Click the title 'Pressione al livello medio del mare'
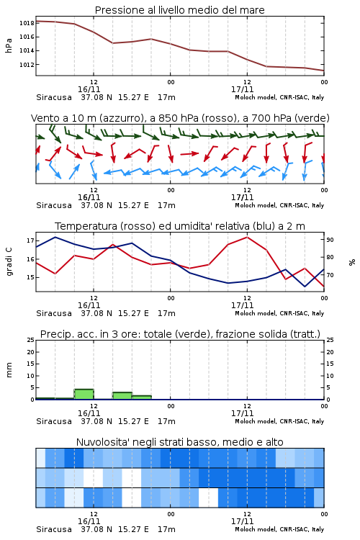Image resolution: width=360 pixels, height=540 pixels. [x=179, y=10]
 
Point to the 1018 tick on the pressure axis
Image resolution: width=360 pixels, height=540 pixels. [x=27, y=24]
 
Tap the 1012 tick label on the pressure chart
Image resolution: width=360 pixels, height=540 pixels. [x=27, y=65]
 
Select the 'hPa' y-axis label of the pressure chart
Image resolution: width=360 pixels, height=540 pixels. [x=9, y=45]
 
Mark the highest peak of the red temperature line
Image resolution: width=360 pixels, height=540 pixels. [x=247, y=237]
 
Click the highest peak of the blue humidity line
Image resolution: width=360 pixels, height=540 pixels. [x=55, y=237]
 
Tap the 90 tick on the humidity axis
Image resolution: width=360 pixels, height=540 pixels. [x=330, y=240]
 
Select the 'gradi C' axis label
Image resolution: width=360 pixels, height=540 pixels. [x=9, y=261]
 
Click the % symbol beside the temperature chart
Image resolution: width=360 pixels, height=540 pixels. [x=352, y=262]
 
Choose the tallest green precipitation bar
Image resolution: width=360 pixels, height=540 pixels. [x=84, y=395]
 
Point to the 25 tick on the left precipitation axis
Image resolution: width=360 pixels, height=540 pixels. [x=31, y=340]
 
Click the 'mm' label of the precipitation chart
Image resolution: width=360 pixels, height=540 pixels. [x=9, y=370]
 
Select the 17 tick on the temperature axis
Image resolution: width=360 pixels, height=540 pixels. [x=31, y=240]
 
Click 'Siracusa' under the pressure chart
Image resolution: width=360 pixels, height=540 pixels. [x=54, y=97]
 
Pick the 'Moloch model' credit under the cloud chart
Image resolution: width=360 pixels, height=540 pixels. [x=256, y=529]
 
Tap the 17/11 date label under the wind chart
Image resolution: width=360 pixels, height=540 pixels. [x=242, y=198]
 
